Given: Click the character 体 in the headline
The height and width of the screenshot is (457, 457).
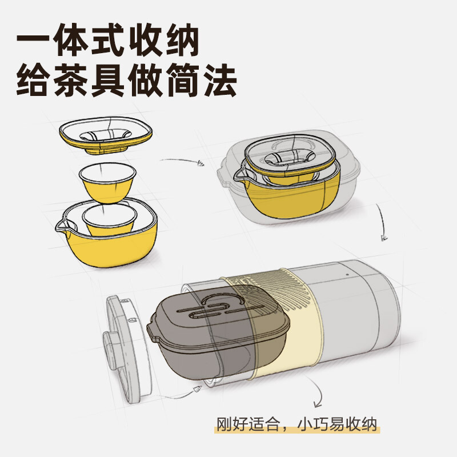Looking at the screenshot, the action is tap(71, 39).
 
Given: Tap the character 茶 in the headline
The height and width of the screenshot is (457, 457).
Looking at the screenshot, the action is tap(71, 79).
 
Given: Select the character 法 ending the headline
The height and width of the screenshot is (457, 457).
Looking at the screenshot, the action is tap(220, 79).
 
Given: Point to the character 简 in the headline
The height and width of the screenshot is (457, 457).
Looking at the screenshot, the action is tap(183, 79).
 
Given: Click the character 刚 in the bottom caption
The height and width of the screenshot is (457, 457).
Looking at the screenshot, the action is tap(223, 424).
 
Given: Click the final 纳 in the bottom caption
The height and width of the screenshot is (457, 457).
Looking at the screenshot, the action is tap(369, 424).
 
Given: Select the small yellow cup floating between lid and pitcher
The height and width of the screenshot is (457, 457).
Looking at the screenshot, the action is tap(107, 183).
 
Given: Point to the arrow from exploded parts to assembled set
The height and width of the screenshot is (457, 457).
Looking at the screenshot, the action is tap(182, 161).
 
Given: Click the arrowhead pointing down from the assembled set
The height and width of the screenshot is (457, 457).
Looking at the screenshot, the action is tap(384, 238).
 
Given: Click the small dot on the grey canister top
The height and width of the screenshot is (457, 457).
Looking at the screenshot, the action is tap(347, 274).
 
